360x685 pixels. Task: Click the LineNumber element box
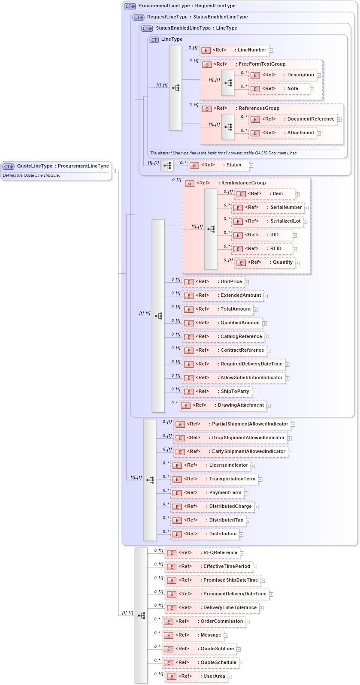(234, 50)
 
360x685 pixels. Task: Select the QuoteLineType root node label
(63, 166)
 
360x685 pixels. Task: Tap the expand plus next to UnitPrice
(247, 282)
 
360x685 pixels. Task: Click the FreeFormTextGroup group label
(262, 64)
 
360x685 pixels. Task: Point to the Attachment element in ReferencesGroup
(284, 133)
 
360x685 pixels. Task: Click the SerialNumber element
(268, 208)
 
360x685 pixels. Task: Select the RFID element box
(263, 249)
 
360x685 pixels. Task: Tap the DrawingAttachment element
(223, 405)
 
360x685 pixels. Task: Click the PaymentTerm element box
(207, 493)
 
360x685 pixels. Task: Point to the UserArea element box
(197, 676)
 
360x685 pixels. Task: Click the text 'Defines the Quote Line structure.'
(31, 175)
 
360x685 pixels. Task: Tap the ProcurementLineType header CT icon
(130, 6)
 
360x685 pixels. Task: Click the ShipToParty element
(217, 392)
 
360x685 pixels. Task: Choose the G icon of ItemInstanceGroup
(190, 183)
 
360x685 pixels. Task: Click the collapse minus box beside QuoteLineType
(114, 171)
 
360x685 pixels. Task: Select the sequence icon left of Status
(167, 166)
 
